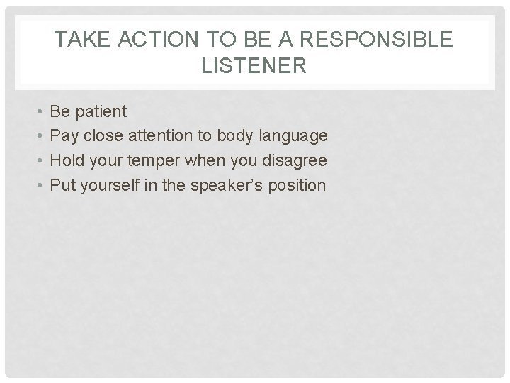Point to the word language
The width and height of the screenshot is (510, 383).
[x=297, y=136]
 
